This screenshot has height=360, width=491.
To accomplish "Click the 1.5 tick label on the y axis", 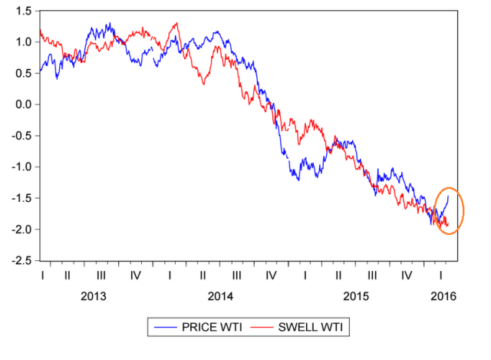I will point(21,11).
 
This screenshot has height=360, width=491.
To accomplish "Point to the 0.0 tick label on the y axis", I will point(21,104).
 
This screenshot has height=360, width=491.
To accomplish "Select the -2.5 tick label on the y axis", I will point(19,261).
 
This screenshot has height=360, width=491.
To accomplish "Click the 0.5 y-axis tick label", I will point(21,73).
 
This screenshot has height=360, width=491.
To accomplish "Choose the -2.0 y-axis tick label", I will point(19,230).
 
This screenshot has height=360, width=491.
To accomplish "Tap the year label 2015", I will point(356,296).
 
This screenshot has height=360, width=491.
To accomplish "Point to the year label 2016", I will point(441,296).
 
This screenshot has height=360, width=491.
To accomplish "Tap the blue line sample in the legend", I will point(166,328).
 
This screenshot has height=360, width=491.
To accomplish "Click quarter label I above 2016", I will point(441,274).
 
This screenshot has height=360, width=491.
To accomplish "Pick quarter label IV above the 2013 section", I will point(136,274).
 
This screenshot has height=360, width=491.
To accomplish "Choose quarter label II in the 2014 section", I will point(203,274).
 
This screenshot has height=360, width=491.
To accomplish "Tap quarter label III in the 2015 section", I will point(372,274).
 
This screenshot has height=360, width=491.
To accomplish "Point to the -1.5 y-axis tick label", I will point(19,198).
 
